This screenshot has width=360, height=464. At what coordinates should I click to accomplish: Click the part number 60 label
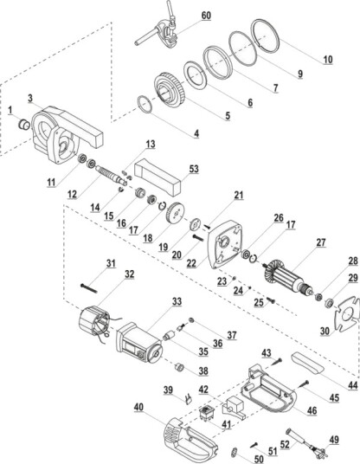[x=206, y=15]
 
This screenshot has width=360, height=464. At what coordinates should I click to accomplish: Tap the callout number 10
[x=328, y=60]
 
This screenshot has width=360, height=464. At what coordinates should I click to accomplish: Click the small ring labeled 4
[x=145, y=104]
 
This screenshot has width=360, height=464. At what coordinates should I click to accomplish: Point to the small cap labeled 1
[x=23, y=124]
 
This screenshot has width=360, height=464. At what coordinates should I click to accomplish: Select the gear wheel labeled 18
[x=175, y=215]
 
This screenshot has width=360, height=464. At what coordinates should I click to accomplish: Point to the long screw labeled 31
[x=89, y=288]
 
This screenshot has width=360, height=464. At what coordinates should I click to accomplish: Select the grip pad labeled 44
[x=307, y=362]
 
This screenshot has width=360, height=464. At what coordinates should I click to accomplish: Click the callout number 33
[x=177, y=301]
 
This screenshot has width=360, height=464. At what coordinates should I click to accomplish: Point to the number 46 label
[x=312, y=410]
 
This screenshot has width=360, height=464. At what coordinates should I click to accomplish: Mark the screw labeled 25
[x=271, y=300]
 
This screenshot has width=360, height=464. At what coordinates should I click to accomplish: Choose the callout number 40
[x=138, y=407]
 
